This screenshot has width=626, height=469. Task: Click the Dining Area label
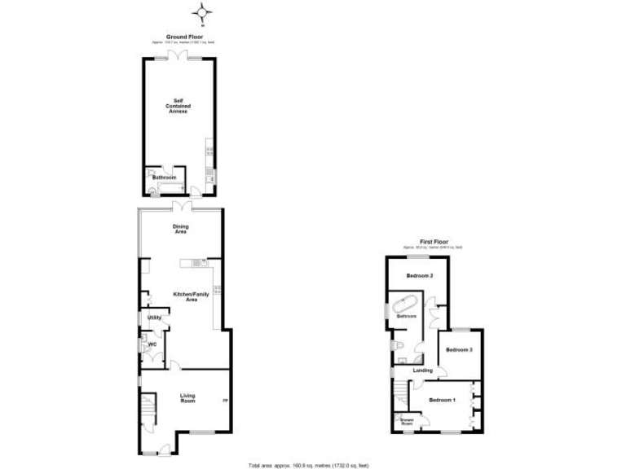pyautogui.click(x=180, y=229)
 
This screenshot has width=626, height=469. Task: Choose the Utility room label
pyautogui.click(x=153, y=317)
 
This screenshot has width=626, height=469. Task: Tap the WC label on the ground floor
pyautogui.click(x=151, y=345)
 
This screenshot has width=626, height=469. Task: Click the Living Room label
pyautogui.click(x=187, y=398)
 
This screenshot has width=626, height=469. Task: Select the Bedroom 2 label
pyautogui.click(x=421, y=276)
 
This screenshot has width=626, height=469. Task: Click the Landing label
pyautogui.click(x=423, y=370)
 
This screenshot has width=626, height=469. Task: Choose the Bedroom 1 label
pyautogui.click(x=442, y=400)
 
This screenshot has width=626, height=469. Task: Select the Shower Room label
pyautogui.click(x=405, y=423)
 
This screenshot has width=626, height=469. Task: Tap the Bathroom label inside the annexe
pyautogui.click(x=165, y=177)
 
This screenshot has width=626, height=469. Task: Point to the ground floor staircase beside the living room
pyautogui.click(x=148, y=411)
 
